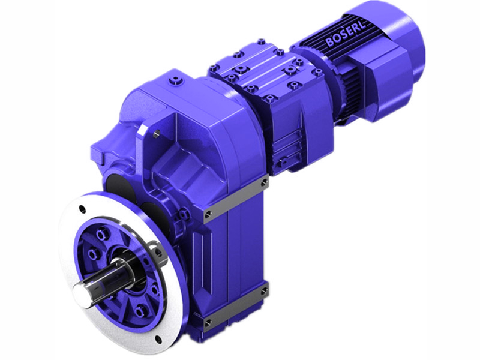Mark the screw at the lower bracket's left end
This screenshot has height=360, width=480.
[x=208, y=323]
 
